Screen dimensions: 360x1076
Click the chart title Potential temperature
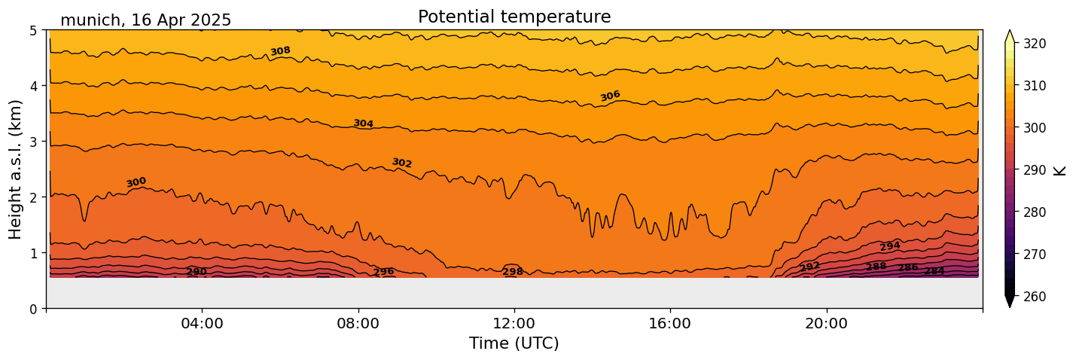(514, 17)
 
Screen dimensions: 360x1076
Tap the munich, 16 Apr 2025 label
(145, 20)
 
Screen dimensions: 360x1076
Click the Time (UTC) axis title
(514, 343)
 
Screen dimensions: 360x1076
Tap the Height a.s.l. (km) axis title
(16, 169)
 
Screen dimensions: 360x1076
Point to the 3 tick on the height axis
(35, 142)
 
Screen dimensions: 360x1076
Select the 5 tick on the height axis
(35, 30)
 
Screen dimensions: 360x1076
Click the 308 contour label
(280, 51)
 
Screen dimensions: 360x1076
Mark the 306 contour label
(610, 96)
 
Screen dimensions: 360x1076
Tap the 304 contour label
(364, 124)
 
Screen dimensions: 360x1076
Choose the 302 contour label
(402, 163)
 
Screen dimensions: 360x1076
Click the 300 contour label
(136, 182)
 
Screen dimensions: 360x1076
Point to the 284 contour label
(934, 271)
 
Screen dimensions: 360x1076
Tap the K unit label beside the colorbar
(1060, 170)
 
